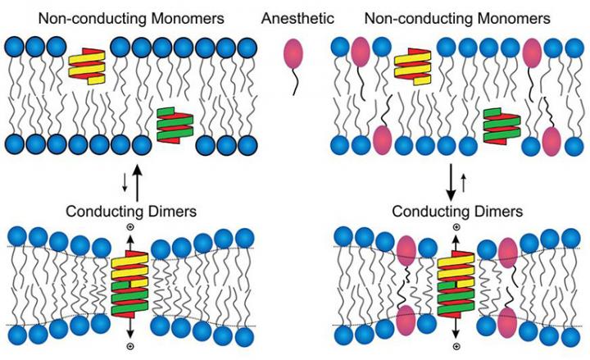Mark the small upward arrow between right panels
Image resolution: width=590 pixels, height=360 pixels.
465,182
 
